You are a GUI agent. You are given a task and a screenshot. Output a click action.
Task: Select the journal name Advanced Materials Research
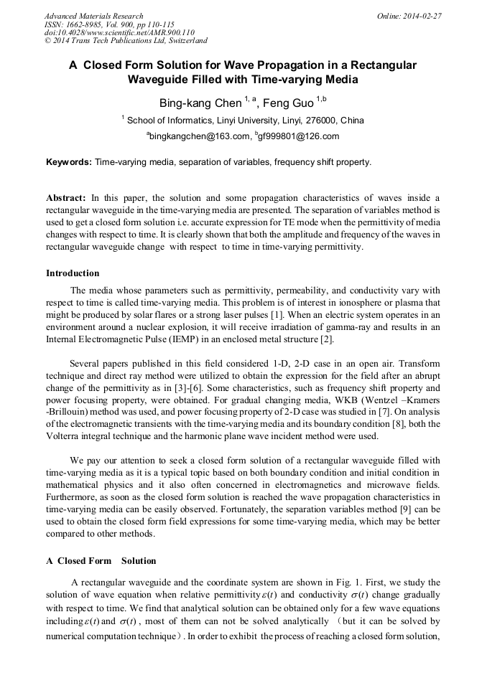(x=93, y=16)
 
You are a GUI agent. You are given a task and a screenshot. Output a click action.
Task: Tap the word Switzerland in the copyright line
(x=183, y=41)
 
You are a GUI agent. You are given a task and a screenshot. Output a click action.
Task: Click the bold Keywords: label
(x=69, y=162)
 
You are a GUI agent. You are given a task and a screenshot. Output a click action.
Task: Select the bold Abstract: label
(x=67, y=197)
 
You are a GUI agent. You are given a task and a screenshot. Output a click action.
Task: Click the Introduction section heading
(x=73, y=273)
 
